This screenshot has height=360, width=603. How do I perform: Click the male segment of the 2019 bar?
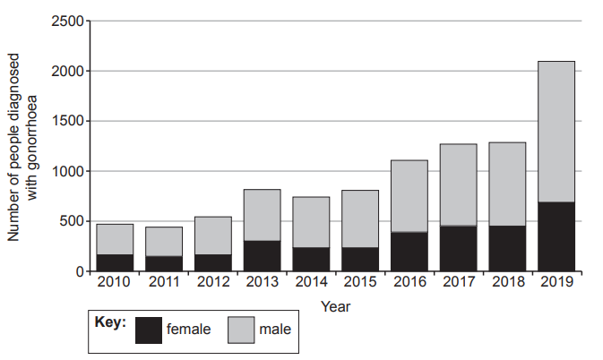click(556, 132)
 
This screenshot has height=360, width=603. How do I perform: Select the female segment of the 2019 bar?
click(556, 236)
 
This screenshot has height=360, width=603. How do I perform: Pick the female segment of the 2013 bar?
click(262, 255)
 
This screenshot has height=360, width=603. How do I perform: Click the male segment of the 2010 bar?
click(115, 239)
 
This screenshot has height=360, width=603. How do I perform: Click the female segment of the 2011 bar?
click(164, 263)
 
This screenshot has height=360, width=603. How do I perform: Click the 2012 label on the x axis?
click(212, 283)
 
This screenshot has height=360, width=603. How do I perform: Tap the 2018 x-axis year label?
click(507, 283)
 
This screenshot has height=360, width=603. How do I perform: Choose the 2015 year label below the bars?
click(359, 283)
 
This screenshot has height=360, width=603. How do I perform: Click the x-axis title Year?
click(335, 305)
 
